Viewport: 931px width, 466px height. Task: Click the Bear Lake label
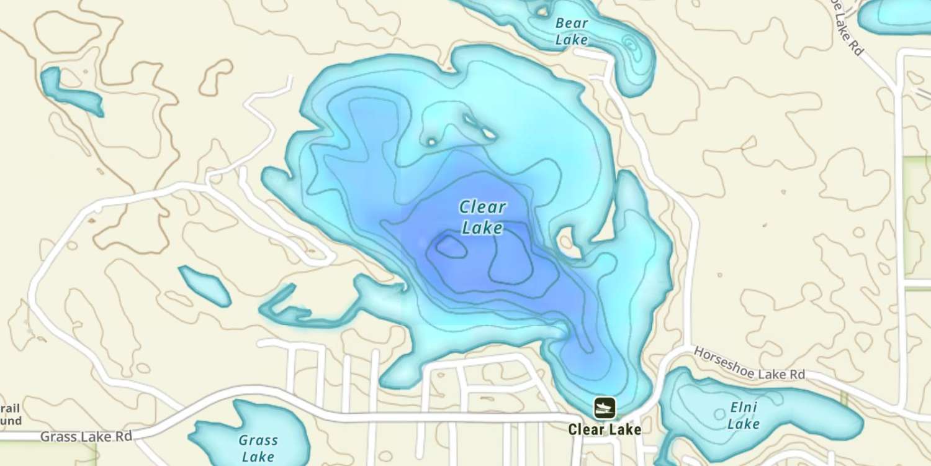tap(571, 32)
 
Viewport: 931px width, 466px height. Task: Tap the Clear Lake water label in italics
tap(482, 217)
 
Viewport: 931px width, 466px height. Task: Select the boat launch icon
tap(604, 408)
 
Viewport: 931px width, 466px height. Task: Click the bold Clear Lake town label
tap(604, 429)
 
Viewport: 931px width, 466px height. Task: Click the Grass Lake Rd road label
tap(86, 436)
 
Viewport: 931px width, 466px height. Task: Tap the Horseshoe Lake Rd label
tap(749, 363)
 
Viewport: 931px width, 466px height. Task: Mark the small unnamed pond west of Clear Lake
tap(204, 286)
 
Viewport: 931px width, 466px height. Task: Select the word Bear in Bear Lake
tap(571, 24)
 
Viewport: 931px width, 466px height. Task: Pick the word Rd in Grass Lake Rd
tap(124, 436)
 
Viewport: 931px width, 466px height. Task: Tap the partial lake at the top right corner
tap(894, 16)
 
